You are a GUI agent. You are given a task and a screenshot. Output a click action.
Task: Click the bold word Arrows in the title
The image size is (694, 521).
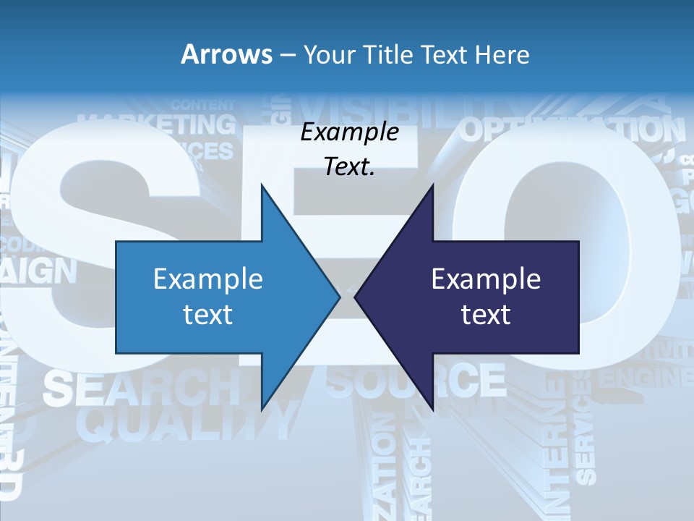[226, 54]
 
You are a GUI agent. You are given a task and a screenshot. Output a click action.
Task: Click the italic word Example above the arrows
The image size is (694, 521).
[349, 132]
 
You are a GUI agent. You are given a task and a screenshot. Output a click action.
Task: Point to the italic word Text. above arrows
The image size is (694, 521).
[349, 167]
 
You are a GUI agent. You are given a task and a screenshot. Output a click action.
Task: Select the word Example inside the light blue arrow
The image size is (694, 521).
[208, 279]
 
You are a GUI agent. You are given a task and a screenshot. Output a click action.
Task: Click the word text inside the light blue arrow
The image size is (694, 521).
[208, 315]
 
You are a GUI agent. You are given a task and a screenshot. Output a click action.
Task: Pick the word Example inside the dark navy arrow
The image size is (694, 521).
[486, 279]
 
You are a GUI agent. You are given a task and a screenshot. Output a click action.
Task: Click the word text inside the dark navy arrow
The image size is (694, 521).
[486, 315]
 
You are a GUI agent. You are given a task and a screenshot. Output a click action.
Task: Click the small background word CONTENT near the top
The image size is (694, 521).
[203, 105]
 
